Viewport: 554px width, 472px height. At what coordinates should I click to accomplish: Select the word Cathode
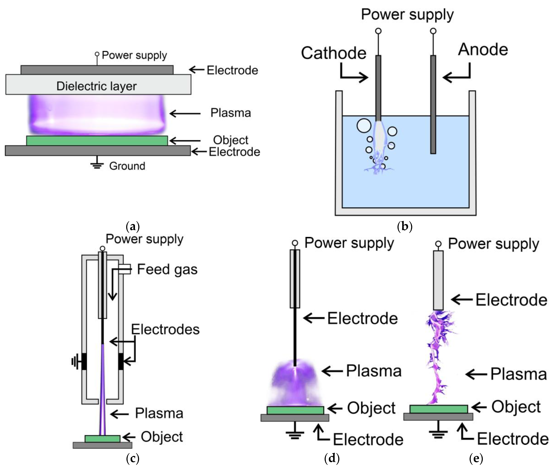coord(334,53)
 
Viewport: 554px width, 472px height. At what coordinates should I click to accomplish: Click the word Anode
coord(483,50)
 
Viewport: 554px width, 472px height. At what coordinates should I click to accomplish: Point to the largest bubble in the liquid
coord(364,126)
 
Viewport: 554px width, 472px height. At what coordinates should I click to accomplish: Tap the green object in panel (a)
coord(97,141)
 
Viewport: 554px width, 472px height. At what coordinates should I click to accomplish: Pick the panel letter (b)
coord(405,227)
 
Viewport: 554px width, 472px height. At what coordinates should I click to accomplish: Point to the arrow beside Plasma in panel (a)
coord(185,113)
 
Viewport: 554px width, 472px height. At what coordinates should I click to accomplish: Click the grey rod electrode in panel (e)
coord(438,280)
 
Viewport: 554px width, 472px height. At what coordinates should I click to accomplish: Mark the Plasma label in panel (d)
coord(374,371)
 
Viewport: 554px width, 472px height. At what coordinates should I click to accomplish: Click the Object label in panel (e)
coord(516,407)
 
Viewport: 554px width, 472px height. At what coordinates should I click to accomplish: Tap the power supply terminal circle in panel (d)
coord(295,243)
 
